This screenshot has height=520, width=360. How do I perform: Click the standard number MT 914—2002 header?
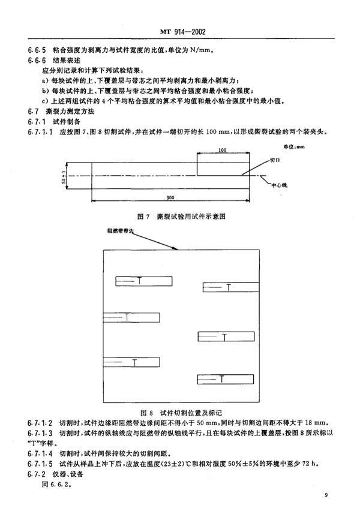183,32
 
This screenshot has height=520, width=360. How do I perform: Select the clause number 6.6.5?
37,50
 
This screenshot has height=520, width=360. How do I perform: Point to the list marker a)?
45,80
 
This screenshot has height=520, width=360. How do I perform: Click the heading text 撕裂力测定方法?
70,111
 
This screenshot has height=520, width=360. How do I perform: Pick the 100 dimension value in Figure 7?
223,150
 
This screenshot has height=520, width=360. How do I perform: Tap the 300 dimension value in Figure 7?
170,197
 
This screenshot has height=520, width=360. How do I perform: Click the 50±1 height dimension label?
64,176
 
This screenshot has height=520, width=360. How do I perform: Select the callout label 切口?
275,160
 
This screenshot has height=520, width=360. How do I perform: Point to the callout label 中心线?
280,185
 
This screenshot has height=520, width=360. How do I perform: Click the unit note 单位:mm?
294,146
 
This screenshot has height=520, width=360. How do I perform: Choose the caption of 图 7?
181,217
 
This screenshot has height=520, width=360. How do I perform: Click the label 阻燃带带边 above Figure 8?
120,231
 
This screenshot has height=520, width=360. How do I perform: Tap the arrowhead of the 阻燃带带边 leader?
177,249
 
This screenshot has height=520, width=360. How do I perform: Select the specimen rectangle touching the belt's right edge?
231,287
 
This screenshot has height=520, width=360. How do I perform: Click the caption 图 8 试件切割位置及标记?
181,413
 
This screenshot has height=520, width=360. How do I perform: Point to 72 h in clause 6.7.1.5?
309,464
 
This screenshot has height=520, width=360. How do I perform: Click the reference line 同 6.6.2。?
56,484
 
